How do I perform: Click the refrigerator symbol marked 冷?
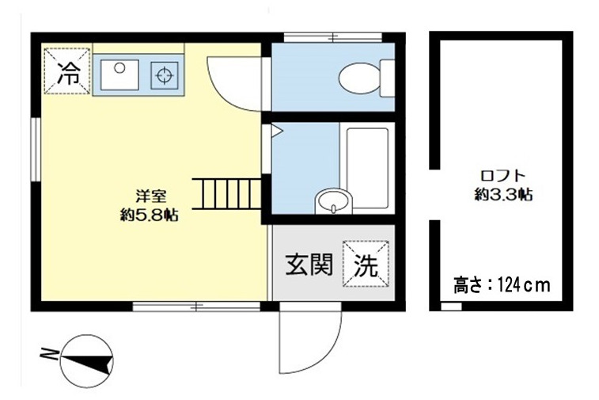click(x=67, y=72)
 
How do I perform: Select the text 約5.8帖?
click(x=148, y=214)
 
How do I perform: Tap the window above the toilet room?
click(x=333, y=36)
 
